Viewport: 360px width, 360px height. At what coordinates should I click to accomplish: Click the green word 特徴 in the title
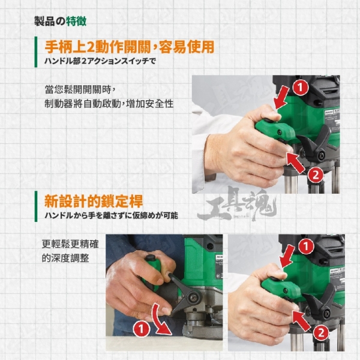click(x=76, y=21)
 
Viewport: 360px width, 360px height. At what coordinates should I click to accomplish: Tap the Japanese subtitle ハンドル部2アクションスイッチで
click(x=100, y=61)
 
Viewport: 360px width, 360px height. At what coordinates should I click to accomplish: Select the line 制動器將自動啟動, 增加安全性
click(x=109, y=104)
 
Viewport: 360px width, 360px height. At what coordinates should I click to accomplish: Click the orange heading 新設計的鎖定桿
click(x=94, y=201)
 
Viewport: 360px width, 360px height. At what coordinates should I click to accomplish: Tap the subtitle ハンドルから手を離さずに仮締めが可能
click(x=111, y=215)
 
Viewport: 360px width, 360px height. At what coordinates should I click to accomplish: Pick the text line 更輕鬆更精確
click(x=70, y=244)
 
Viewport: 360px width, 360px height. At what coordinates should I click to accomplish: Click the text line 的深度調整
click(x=65, y=258)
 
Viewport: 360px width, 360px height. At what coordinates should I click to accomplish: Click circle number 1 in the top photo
click(x=301, y=88)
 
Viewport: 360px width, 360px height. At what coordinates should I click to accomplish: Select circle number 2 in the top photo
click(x=316, y=175)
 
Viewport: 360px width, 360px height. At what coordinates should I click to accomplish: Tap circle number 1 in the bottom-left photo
click(x=141, y=329)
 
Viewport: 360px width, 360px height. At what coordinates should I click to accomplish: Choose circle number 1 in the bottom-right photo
click(x=306, y=247)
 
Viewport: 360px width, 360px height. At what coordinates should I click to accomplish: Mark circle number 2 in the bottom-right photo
click(x=321, y=332)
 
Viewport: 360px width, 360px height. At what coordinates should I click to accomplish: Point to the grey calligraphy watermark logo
click(x=236, y=205)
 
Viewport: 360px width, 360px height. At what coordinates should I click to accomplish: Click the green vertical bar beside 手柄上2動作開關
click(x=36, y=52)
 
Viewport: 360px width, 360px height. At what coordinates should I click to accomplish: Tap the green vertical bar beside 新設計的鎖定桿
click(x=36, y=206)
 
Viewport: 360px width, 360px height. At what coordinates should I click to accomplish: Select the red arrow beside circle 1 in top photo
click(x=283, y=98)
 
